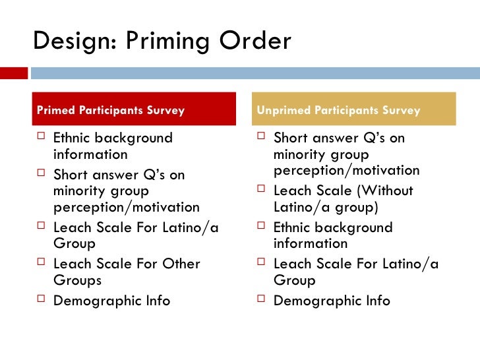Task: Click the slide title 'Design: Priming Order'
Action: (x=162, y=41)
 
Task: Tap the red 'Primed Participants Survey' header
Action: (x=135, y=109)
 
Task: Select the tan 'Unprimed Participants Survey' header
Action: (x=355, y=109)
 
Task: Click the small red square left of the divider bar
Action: (x=13, y=73)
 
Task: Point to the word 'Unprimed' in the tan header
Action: (x=282, y=110)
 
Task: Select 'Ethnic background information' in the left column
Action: (x=112, y=146)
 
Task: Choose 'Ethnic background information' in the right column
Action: (x=333, y=235)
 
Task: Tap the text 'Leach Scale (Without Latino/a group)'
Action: (x=343, y=198)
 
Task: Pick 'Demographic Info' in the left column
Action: (x=111, y=301)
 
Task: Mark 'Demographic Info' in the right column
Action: (x=332, y=301)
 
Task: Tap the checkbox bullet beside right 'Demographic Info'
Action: (x=261, y=301)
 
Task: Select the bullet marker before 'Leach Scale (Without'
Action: (x=261, y=191)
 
